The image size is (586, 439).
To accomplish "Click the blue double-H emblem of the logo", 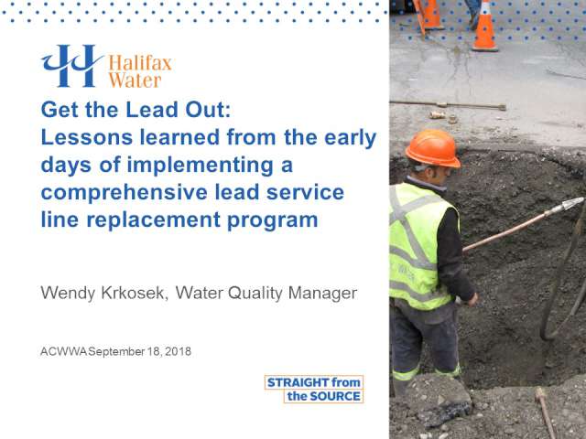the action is point(71,66).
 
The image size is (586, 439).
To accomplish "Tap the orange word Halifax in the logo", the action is point(140,63).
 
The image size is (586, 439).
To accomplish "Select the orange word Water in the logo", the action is point(135,80).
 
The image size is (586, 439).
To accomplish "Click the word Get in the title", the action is point(60,110).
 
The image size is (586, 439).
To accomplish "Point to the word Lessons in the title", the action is point(87,137).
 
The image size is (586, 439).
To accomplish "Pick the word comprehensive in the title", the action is point(125,192).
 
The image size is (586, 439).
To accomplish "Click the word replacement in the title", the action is point(154,219).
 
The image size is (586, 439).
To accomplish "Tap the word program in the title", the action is point(273,219).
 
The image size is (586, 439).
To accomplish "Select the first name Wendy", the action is point(68,294).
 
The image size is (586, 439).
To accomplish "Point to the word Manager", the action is point(322,294).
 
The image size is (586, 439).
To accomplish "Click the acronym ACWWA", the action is point(64,351).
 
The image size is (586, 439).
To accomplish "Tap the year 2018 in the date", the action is point(178,351).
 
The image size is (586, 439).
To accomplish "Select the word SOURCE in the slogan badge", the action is point(335,396).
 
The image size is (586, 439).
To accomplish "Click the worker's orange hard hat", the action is point(433,148).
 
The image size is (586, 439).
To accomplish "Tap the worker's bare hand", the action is point(472,299).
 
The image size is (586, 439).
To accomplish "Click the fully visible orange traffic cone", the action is point(485,27).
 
